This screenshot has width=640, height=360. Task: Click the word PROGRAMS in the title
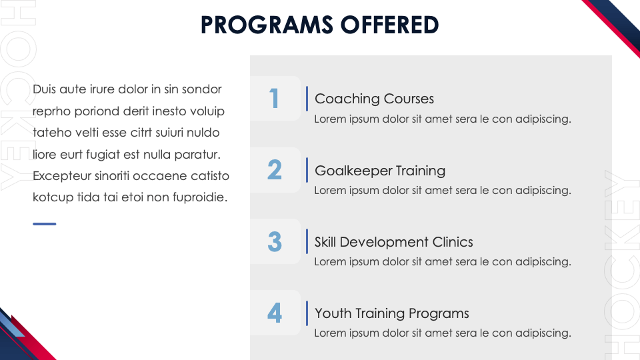[x=267, y=25]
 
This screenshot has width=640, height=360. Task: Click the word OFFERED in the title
[x=390, y=25]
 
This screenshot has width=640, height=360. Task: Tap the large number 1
[x=274, y=99]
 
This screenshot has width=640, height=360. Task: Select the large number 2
[x=275, y=169]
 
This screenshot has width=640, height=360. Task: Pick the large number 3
[x=275, y=241]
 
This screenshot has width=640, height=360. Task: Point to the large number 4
[x=275, y=313]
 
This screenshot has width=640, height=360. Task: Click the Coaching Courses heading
[x=374, y=99]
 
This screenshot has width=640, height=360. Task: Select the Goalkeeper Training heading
[x=380, y=171]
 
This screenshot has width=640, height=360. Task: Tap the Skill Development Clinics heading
[x=393, y=242]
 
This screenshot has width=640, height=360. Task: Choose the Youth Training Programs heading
[x=392, y=313]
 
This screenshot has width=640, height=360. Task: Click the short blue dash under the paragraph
[x=45, y=224]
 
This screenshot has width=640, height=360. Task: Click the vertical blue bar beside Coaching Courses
[x=307, y=99]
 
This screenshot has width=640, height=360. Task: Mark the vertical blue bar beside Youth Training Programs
[x=307, y=313]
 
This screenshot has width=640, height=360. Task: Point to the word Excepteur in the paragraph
[x=62, y=176]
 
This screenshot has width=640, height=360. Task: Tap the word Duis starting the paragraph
[x=44, y=89]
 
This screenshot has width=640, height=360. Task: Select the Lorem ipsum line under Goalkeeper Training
[x=443, y=191]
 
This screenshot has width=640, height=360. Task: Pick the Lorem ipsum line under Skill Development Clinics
[x=443, y=261]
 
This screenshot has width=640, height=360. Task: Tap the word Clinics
[x=453, y=242]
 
